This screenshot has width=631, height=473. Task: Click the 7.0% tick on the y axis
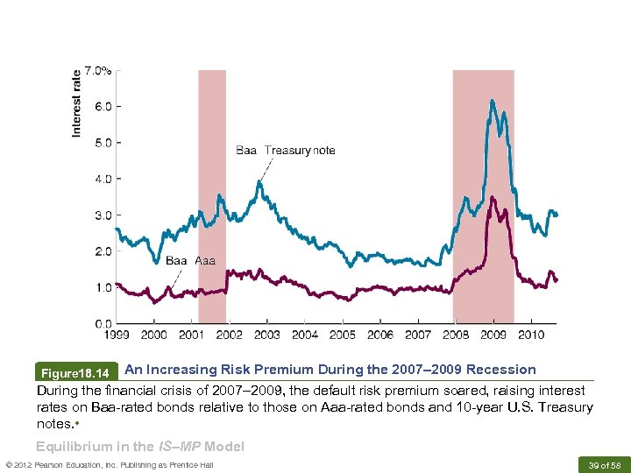96,71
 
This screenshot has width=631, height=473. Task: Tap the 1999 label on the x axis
117,335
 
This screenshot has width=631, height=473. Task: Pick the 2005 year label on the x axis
342,335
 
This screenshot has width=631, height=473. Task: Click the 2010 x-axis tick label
529,335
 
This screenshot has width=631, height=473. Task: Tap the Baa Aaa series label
190,260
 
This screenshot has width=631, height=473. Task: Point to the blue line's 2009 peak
493,101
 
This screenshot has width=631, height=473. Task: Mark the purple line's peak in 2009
493,197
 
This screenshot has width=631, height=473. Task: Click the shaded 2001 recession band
212,193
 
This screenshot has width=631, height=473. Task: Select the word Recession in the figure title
501,370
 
